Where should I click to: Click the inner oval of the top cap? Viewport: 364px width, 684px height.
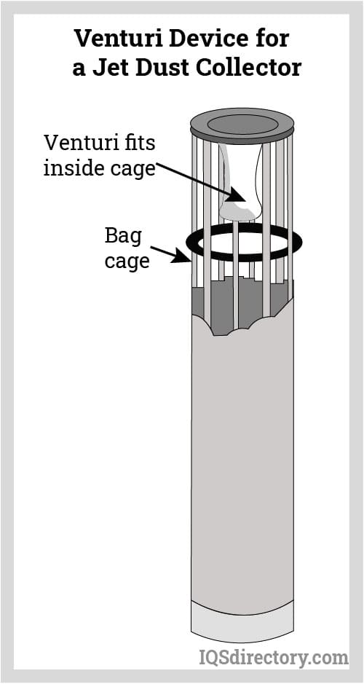click(242, 122)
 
